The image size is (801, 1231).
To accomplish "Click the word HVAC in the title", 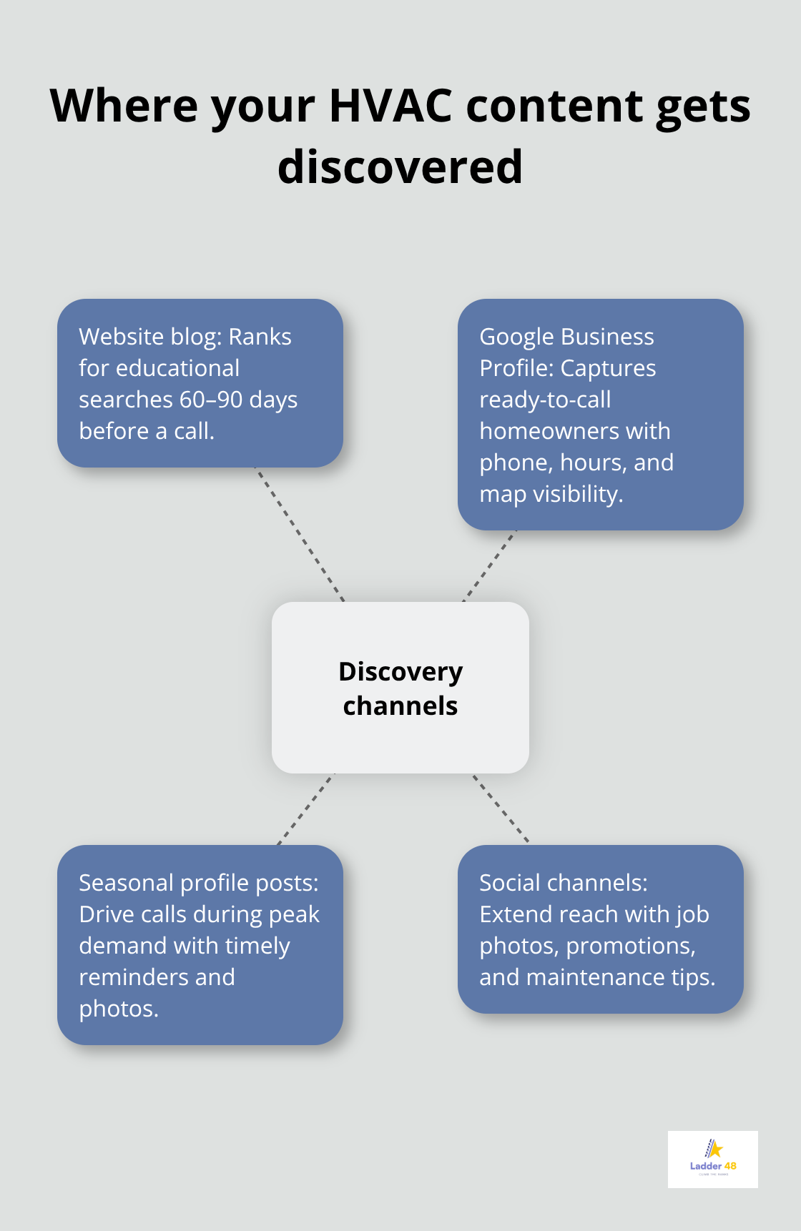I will click(x=390, y=106).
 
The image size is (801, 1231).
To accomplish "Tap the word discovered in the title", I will click(x=400, y=167).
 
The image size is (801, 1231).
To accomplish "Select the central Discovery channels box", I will click(x=400, y=687).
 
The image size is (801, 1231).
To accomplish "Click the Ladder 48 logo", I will click(x=712, y=1159).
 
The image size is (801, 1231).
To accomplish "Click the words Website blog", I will click(x=149, y=337).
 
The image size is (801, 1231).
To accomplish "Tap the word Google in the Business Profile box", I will click(x=516, y=337).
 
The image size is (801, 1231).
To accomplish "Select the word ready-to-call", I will click(x=545, y=400).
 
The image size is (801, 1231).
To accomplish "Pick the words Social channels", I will click(x=562, y=883).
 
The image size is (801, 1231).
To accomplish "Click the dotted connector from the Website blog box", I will click(x=300, y=535).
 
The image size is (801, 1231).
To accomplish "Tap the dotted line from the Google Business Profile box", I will click(x=490, y=565).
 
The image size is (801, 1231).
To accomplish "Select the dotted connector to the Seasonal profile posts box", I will click(x=305, y=809).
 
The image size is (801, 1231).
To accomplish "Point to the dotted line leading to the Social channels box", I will click(x=501, y=809).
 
